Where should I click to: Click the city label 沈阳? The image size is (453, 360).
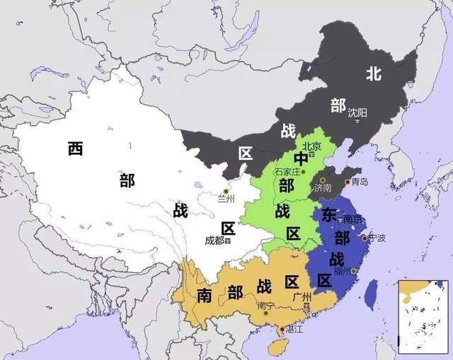[x=357, y=112]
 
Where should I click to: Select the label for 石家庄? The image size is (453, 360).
[x=288, y=172]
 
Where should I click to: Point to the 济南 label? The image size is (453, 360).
[x=322, y=188]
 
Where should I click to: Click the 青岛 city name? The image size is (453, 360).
[x=360, y=182]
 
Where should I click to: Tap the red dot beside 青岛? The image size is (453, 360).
[x=346, y=182]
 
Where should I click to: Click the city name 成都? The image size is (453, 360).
[x=214, y=240]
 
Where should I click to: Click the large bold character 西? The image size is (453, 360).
[x=76, y=149]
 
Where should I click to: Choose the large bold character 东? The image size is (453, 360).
[x=329, y=214]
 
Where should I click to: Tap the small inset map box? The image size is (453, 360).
[x=423, y=316]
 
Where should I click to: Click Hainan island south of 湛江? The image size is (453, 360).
[x=278, y=347]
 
